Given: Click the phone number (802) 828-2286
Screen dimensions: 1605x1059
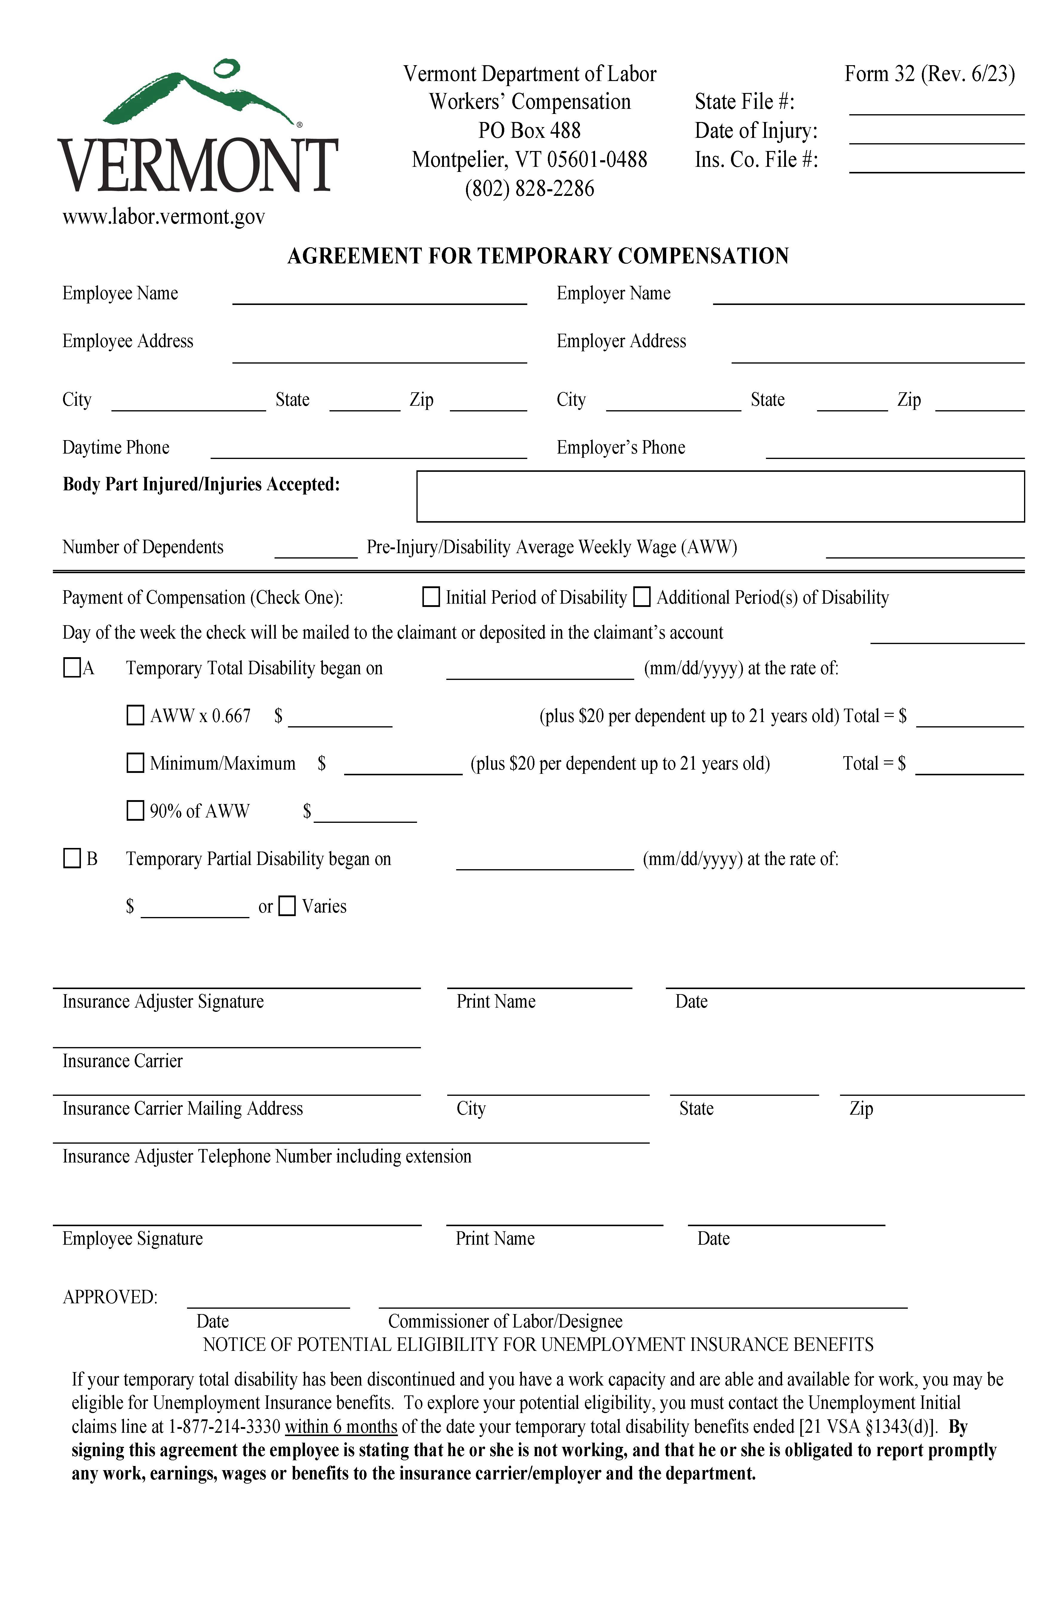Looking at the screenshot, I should click(x=529, y=189).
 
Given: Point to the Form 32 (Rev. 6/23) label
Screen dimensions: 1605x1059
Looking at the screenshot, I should click(x=929, y=74).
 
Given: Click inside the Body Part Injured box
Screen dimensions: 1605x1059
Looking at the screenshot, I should click(x=720, y=497).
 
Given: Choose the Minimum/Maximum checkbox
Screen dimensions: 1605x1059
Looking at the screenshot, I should click(x=136, y=763).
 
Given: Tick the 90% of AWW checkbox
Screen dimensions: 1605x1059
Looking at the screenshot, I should click(x=136, y=810).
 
